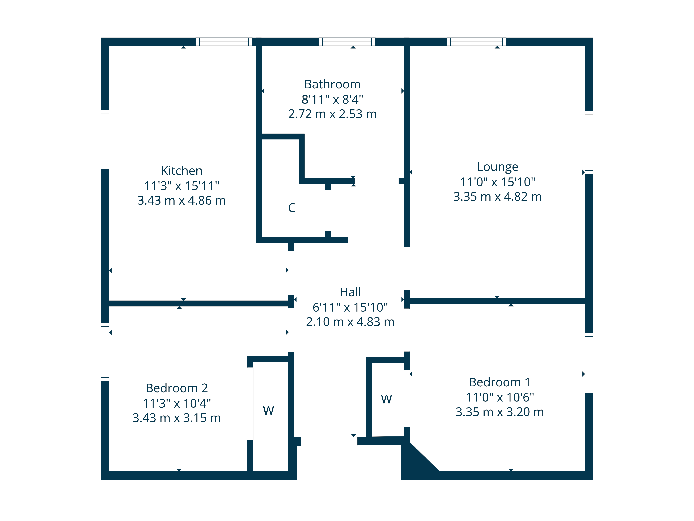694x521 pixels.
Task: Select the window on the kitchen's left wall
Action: click(105, 139)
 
